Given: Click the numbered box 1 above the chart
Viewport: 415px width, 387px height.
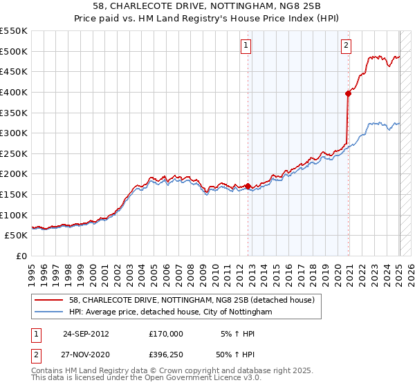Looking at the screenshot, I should [x=246, y=46].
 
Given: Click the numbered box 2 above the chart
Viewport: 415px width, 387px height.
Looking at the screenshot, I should [x=345, y=46].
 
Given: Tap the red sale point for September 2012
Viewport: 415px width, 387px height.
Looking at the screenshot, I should [x=248, y=186].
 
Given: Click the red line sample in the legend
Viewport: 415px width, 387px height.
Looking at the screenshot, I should [x=50, y=300].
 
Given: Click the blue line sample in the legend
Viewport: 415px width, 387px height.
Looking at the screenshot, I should [x=50, y=312].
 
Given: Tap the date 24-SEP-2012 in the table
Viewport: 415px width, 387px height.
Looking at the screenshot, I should [x=86, y=333].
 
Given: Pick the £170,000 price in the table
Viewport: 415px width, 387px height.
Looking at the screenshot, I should [x=166, y=333].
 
